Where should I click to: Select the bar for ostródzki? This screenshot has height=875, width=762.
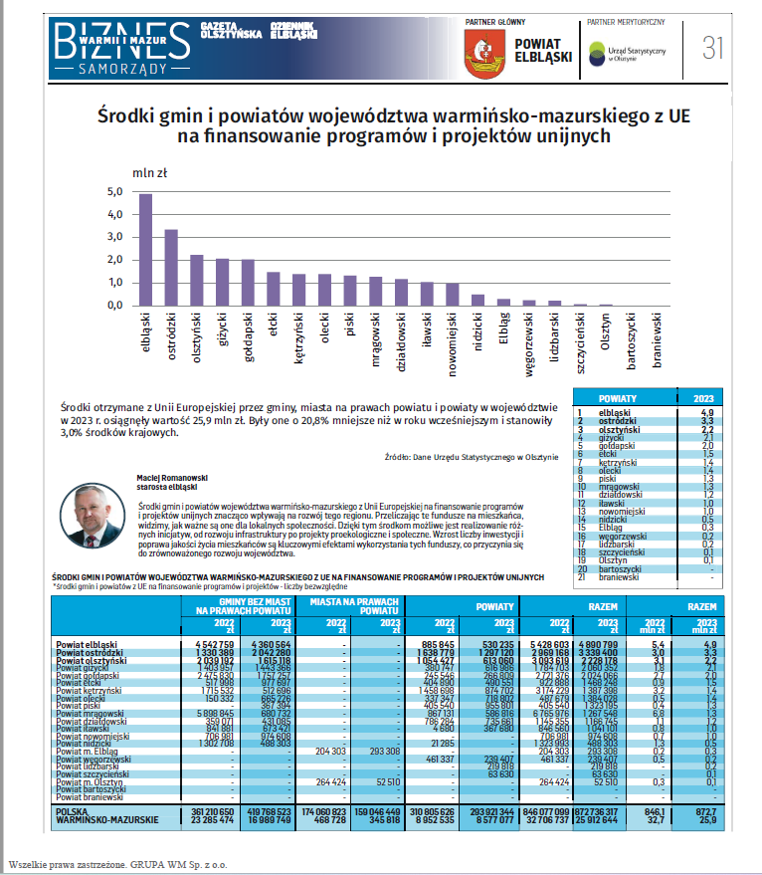171,268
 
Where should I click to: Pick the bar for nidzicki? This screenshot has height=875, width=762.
478,300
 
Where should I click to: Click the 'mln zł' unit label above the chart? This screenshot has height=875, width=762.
147,172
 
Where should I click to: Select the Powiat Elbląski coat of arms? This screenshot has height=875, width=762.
484,55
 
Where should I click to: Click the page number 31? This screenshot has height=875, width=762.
713,47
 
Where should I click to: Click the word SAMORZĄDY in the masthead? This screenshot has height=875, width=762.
121,71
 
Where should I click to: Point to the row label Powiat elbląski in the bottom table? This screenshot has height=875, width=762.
87,646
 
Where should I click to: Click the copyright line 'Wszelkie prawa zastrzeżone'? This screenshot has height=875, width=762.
117,864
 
